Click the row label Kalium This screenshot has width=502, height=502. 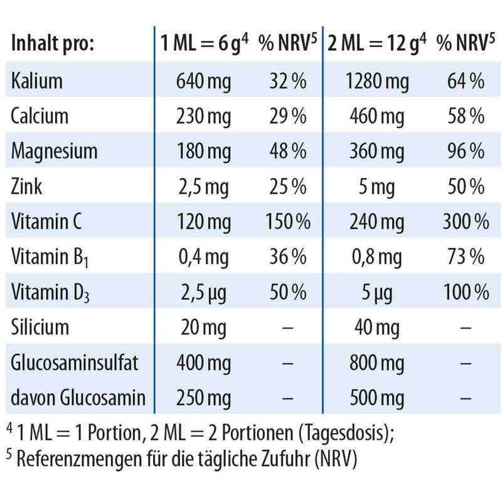(x=37, y=81)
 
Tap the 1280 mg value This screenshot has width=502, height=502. (x=376, y=81)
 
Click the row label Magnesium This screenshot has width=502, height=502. (x=55, y=151)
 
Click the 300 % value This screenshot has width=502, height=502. (x=465, y=222)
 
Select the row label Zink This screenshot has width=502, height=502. (x=28, y=186)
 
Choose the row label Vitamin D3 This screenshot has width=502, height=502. (x=51, y=292)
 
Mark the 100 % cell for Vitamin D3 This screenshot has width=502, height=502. (x=465, y=292)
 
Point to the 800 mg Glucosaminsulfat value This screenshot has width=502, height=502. (x=376, y=363)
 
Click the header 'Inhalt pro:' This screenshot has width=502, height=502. (x=52, y=45)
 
